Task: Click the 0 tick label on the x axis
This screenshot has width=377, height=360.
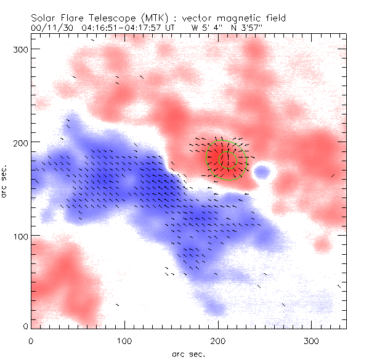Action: point(31,339)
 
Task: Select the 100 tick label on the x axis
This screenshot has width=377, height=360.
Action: point(124,339)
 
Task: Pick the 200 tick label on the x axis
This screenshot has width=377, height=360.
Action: point(218,339)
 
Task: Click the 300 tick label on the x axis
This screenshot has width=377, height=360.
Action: point(312,339)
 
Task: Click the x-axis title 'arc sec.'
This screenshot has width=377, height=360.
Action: point(187,353)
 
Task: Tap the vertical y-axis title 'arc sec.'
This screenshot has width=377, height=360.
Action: point(7,182)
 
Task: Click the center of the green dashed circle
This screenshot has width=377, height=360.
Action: point(227,160)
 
